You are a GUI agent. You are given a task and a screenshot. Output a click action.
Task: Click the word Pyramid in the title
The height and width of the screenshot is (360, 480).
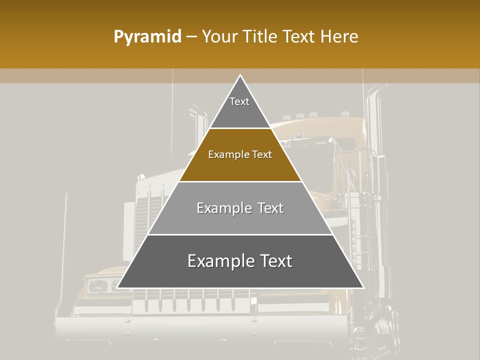click(147, 37)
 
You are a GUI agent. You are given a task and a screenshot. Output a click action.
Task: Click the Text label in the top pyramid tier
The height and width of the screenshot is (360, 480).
click(239, 101)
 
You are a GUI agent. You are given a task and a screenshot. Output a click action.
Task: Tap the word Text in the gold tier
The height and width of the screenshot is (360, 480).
click(262, 154)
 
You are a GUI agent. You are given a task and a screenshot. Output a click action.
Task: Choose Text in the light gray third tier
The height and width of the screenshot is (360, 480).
click(270, 208)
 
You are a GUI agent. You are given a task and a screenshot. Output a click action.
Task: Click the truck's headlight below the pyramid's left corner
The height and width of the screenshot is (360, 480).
click(99, 285)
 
